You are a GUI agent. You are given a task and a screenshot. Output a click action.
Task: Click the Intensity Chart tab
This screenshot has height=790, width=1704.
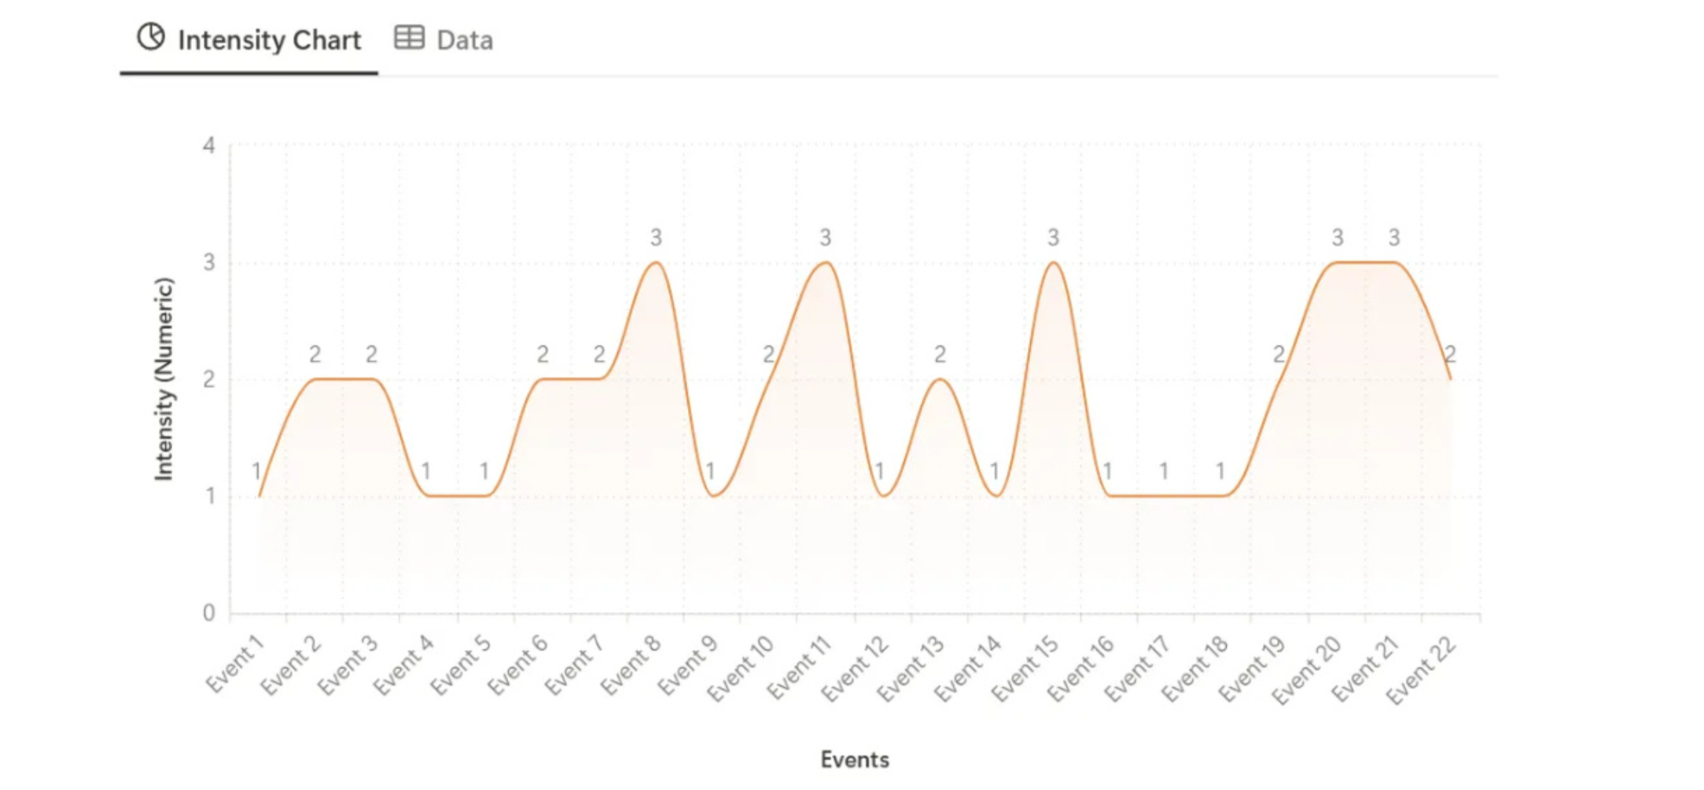click(x=248, y=39)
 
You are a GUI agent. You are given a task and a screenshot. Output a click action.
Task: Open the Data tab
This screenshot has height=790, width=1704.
click(x=443, y=39)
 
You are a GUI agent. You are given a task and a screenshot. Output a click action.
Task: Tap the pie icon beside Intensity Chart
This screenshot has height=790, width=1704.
click(x=151, y=37)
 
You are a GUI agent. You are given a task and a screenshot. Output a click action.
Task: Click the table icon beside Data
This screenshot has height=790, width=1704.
click(x=409, y=37)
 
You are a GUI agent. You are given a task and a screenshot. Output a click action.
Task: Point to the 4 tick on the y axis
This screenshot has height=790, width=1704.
click(x=208, y=146)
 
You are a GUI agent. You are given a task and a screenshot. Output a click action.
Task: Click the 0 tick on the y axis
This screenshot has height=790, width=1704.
click(x=208, y=613)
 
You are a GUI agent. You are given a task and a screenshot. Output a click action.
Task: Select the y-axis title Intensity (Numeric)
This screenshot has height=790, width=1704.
click(x=163, y=378)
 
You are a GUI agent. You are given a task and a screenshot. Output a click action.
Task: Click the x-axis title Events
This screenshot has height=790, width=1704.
click(x=855, y=759)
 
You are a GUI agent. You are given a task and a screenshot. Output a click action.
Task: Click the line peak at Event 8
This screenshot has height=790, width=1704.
click(x=656, y=262)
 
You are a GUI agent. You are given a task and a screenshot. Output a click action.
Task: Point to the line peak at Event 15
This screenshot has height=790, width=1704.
click(x=1054, y=262)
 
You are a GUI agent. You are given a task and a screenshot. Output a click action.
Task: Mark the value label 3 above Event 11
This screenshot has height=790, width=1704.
click(x=825, y=238)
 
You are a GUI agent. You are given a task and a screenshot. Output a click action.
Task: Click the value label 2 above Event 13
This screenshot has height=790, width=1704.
click(x=940, y=355)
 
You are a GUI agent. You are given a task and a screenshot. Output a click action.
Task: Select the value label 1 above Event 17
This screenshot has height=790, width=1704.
click(x=1164, y=471)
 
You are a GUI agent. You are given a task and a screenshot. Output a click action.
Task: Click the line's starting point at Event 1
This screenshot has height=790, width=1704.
click(x=259, y=496)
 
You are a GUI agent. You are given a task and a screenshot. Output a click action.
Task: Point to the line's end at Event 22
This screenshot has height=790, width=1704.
click(x=1451, y=379)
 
